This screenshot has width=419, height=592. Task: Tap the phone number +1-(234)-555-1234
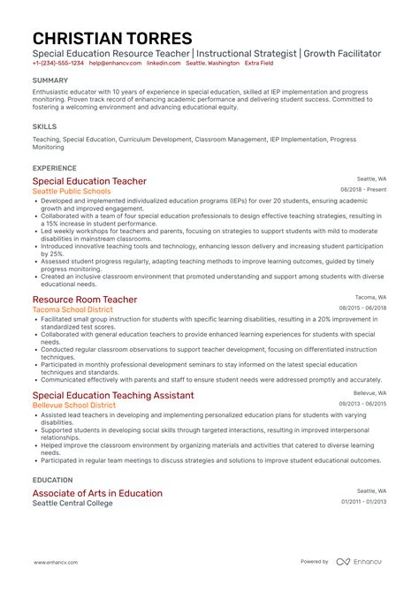58,64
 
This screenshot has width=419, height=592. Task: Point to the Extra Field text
259,64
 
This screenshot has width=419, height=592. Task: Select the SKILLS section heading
43,125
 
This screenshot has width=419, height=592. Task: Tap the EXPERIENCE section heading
54,168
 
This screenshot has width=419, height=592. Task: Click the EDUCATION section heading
52,480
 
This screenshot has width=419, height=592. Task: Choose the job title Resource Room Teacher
85,300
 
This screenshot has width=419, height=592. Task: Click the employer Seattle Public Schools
72,191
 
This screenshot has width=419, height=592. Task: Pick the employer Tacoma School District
73,310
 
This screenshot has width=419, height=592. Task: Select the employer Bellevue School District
74,405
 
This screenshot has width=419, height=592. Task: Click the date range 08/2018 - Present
363,190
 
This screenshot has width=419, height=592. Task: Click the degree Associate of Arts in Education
97,493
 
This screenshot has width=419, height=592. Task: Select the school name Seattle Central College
74,504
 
